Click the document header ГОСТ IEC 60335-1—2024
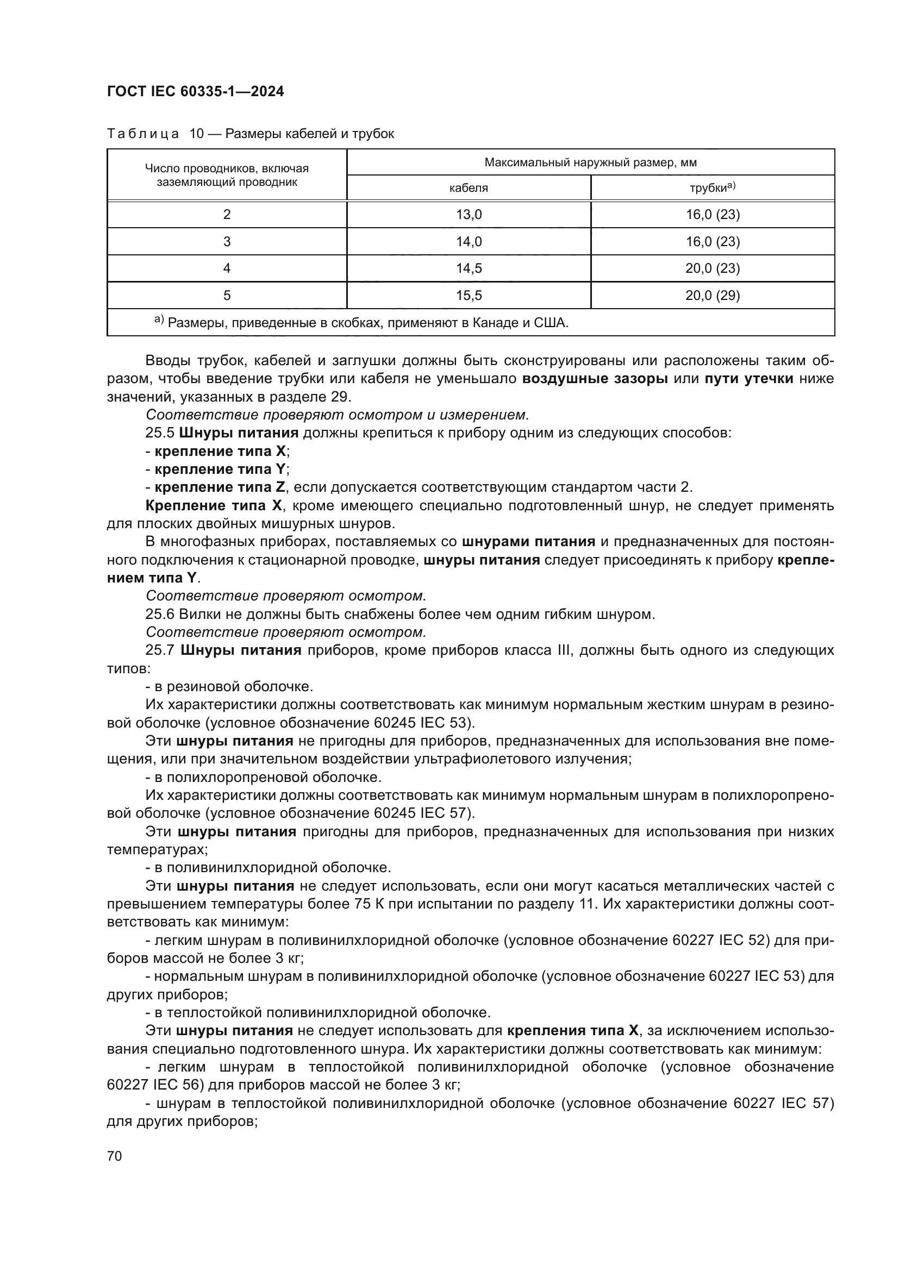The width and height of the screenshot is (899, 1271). click(196, 92)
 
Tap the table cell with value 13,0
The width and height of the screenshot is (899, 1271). click(469, 215)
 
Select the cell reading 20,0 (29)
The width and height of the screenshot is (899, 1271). click(713, 296)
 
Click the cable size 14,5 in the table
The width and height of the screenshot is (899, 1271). click(469, 268)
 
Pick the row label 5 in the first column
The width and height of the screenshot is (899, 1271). click(227, 296)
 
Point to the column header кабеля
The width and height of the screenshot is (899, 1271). click(469, 188)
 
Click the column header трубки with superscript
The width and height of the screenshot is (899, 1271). click(712, 187)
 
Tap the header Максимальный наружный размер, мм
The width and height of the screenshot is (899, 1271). click(590, 163)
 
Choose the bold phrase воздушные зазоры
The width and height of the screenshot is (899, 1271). click(595, 379)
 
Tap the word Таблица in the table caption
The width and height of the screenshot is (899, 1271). click(143, 134)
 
